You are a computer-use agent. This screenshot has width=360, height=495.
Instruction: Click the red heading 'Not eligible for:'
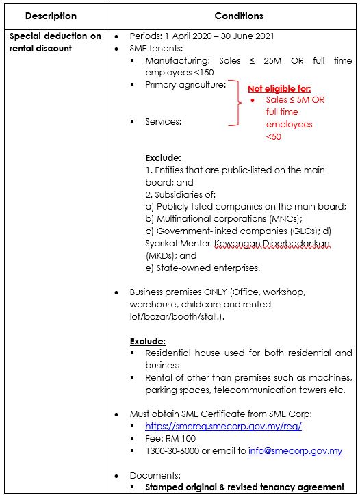point(279,88)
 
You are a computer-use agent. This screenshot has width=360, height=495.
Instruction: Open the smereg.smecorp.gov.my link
point(223,426)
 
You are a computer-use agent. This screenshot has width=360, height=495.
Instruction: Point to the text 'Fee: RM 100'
point(170,438)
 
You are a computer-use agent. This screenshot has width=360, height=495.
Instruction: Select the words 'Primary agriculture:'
point(185,85)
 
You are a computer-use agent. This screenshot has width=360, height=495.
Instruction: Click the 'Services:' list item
point(164,121)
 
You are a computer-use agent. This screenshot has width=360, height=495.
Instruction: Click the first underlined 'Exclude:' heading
point(163,157)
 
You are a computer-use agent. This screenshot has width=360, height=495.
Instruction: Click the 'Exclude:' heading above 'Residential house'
point(148,340)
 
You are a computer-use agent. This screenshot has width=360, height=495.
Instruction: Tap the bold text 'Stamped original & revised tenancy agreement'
point(245,487)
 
